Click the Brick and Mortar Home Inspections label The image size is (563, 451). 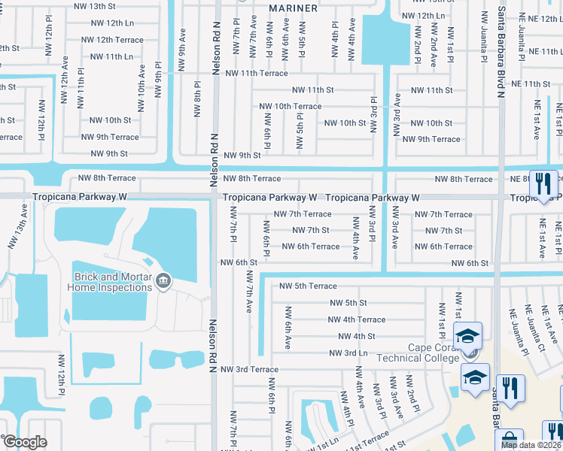pyautogui.click(x=110, y=282)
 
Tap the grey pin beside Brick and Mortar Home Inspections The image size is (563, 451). pyautogui.click(x=163, y=283)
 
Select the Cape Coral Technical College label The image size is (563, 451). pyautogui.click(x=433, y=353)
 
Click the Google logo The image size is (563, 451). pyautogui.click(x=25, y=442)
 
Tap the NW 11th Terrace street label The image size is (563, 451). pyautogui.click(x=252, y=73)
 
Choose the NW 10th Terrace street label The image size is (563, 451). pyautogui.click(x=290, y=107)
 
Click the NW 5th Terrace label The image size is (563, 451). pyautogui.click(x=308, y=286)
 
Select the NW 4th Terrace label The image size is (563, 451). pyautogui.click(x=356, y=319)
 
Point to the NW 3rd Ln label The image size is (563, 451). pyautogui.click(x=348, y=353)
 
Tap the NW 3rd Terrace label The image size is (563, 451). pyautogui.click(x=249, y=369)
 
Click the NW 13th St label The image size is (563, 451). pyautogui.click(x=96, y=6)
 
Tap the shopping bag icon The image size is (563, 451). pyautogui.click(x=510, y=440)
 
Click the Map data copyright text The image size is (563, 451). pyautogui.click(x=531, y=445)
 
